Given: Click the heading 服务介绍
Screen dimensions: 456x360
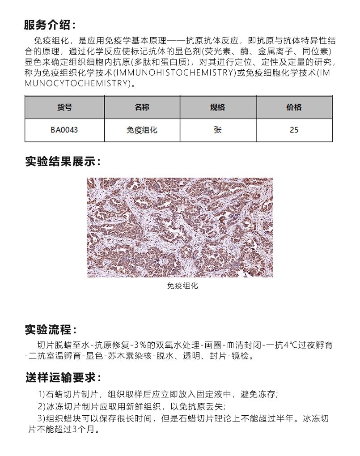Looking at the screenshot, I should click(x=50, y=25).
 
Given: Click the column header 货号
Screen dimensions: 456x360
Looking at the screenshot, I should click(x=64, y=107).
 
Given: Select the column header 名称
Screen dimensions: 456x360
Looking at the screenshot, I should click(x=142, y=107).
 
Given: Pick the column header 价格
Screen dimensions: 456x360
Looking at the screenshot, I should click(x=294, y=107).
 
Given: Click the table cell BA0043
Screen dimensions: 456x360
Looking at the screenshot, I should click(x=64, y=130).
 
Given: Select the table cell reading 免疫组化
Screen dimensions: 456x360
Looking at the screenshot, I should click(x=142, y=130).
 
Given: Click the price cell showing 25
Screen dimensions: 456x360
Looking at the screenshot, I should click(x=294, y=130).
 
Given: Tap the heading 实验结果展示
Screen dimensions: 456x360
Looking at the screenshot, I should click(x=63, y=162).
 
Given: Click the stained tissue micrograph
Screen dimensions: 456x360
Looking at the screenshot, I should click(x=179, y=227).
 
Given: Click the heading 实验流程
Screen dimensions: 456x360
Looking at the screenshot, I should click(x=51, y=330).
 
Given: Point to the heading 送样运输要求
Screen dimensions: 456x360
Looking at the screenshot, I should click(x=63, y=377).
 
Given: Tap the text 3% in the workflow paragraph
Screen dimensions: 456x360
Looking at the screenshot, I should click(x=142, y=345).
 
